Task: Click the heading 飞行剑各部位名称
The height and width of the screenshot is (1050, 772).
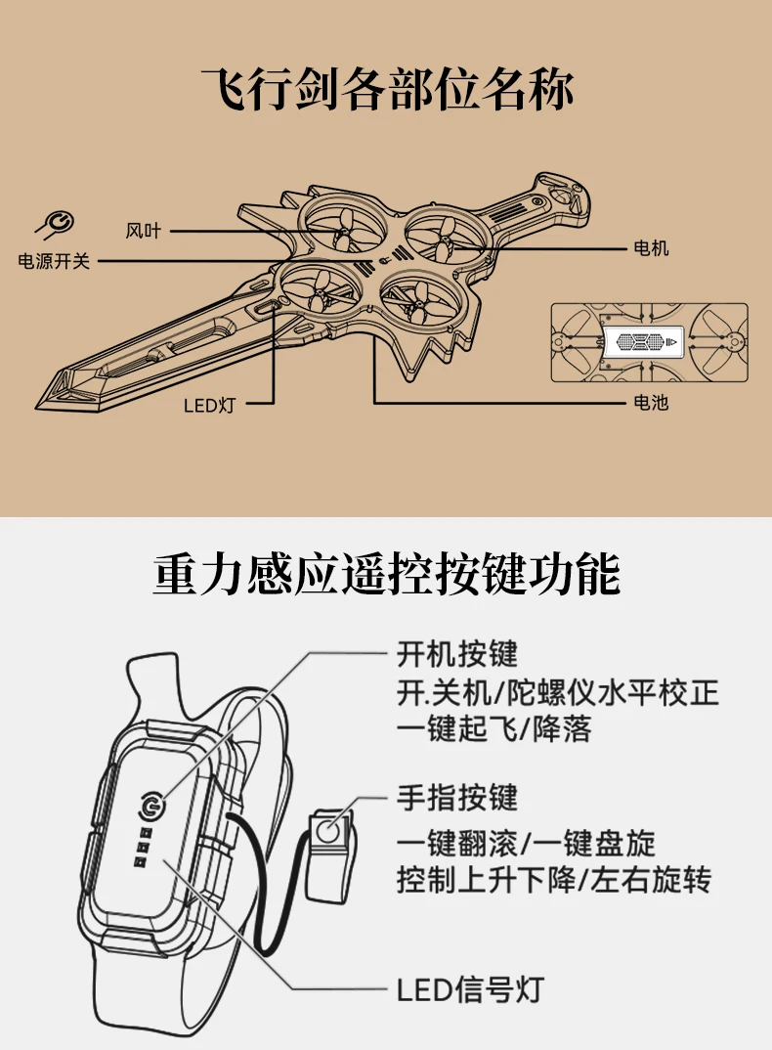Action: [x=386, y=89]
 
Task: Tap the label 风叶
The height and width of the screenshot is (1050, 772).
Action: [x=143, y=232]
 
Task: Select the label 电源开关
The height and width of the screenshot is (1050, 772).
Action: [x=55, y=261]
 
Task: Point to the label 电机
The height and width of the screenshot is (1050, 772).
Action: [x=651, y=248]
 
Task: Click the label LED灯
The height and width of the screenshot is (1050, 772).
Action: [x=208, y=404]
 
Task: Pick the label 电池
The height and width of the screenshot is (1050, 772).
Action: [x=651, y=402]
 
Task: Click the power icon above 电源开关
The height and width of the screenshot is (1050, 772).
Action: [x=56, y=224]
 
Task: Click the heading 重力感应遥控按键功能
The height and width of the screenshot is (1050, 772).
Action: [x=386, y=575]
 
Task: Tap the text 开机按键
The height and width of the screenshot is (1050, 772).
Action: [x=457, y=653]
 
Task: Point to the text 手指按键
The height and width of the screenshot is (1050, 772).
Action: [x=457, y=798]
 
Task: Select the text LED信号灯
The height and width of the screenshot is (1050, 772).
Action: [x=469, y=989]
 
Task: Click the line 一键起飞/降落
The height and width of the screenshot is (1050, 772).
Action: [x=494, y=729]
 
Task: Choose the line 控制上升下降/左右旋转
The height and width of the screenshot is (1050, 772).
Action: [x=554, y=880]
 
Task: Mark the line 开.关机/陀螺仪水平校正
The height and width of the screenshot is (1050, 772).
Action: [x=558, y=692]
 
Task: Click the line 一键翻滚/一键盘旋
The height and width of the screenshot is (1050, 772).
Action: [x=526, y=843]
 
